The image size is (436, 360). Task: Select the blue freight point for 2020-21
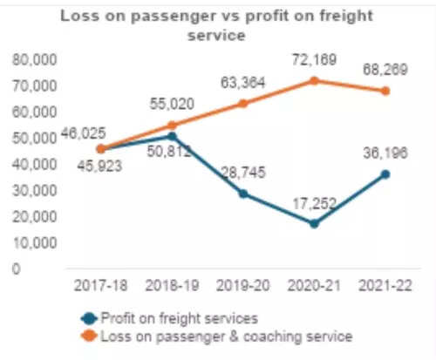tap(314, 224)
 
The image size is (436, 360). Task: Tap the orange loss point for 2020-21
tap(314, 80)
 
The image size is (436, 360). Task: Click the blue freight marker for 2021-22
tap(385, 174)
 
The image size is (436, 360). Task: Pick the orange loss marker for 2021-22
tap(385, 91)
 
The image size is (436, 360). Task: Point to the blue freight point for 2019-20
tap(242, 194)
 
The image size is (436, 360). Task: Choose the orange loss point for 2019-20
tap(242, 103)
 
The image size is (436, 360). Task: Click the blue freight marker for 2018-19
tap(172, 136)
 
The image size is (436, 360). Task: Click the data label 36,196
tap(380, 153)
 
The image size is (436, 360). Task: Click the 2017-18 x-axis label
tap(100, 284)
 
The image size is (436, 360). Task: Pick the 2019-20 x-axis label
tap(242, 284)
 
